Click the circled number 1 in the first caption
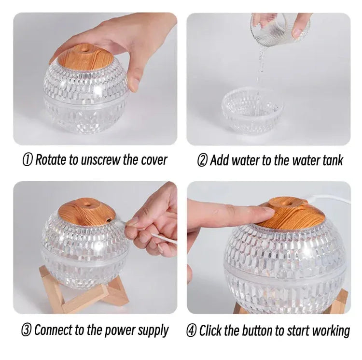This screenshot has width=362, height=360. coord(28,160)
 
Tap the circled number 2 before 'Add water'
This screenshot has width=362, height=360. coord(203,160)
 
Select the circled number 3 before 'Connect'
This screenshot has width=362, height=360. coord(27,331)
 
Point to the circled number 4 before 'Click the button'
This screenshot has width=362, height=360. coord(192,331)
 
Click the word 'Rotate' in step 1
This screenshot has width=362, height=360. coord(52,160)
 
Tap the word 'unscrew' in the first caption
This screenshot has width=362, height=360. coord(98,160)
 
